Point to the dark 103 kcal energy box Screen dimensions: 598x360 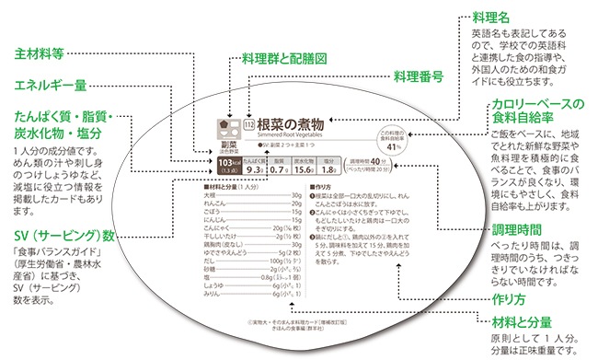[224, 166]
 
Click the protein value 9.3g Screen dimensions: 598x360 [257, 168]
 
